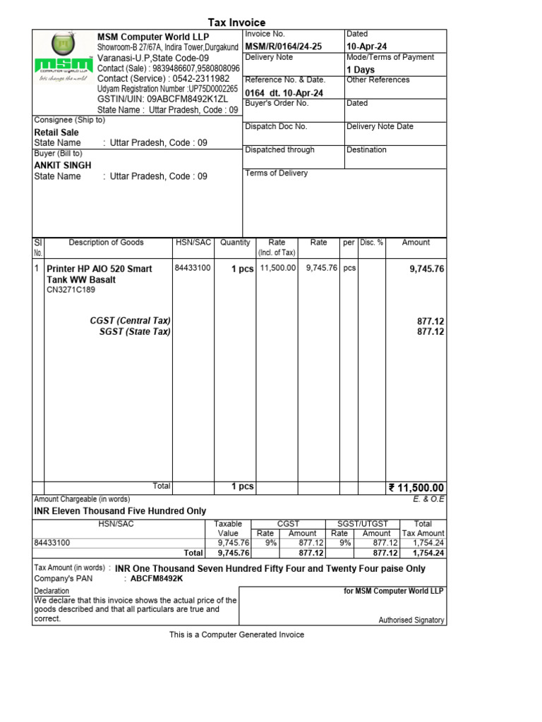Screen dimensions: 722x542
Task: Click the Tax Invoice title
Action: coord(236,23)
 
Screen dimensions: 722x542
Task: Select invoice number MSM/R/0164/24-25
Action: coord(283,47)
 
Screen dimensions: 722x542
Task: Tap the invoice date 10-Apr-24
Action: coord(366,47)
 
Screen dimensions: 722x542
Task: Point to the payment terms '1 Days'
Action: coord(361,70)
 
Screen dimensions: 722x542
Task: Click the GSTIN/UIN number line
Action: coord(162,99)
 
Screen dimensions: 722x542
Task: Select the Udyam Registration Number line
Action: coord(167,90)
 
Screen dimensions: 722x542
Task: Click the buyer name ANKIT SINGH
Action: coord(63,165)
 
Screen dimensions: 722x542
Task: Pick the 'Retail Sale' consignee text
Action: coord(56,132)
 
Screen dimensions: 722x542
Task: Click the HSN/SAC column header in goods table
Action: coord(193,243)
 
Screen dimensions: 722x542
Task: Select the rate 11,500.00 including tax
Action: coord(278,269)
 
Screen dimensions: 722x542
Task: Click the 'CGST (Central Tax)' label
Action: coord(131,321)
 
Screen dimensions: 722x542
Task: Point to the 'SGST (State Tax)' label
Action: coord(135,331)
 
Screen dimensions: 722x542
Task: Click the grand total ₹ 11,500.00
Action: coord(416,488)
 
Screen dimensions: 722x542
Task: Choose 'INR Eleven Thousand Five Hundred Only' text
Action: coord(120,510)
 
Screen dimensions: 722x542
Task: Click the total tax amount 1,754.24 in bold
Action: coord(428,553)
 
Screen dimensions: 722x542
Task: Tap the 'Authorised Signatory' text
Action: coord(411,620)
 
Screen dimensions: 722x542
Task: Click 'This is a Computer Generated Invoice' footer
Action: coord(236,635)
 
